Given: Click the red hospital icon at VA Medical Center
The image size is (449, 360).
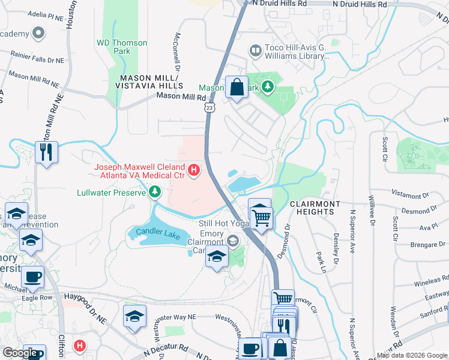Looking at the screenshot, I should (x=194, y=171).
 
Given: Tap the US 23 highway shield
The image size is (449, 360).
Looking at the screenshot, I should (x=208, y=106).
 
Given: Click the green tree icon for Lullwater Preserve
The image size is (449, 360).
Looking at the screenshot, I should (x=155, y=192).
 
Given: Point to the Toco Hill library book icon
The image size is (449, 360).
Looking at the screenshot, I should (x=256, y=50).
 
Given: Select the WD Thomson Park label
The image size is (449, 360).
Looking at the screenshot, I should (x=122, y=47).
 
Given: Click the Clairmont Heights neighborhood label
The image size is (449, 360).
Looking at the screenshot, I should (x=315, y=208).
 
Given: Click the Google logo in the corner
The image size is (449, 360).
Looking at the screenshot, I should (x=20, y=353).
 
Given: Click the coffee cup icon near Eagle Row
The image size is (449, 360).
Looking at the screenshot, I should (x=32, y=277).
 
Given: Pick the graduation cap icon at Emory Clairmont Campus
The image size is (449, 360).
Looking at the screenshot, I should (x=217, y=257).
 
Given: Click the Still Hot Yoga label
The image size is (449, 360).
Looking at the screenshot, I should (x=223, y=223).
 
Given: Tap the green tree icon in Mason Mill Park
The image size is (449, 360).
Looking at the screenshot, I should (x=267, y=88).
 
